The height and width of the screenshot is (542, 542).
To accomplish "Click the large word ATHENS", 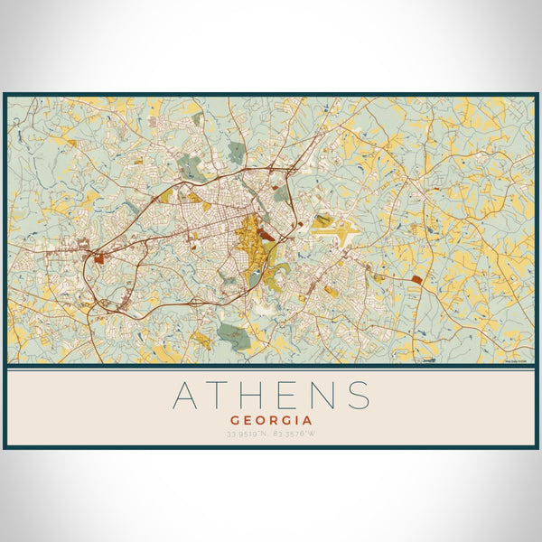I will click(271, 396).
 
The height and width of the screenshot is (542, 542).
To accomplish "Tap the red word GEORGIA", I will click(271, 420).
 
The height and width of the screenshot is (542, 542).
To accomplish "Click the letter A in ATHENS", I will click(185, 396).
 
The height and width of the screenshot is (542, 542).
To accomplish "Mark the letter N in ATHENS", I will click(322, 396).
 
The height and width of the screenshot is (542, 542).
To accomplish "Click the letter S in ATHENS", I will click(359, 396).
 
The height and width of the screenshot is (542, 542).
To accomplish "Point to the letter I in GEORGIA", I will click(300, 420).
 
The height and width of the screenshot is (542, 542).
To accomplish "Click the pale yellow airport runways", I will click(332, 222).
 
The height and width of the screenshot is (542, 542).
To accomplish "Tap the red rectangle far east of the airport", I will click(416, 280).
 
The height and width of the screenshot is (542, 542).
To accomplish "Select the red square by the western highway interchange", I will click(98, 258).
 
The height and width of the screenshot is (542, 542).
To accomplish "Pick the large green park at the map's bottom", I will click(232, 334).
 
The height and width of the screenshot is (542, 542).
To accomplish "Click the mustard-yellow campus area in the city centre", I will click(248, 239).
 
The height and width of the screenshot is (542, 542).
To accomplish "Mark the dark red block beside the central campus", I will click(267, 237).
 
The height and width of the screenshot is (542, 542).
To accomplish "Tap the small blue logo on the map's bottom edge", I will click(428, 361).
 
